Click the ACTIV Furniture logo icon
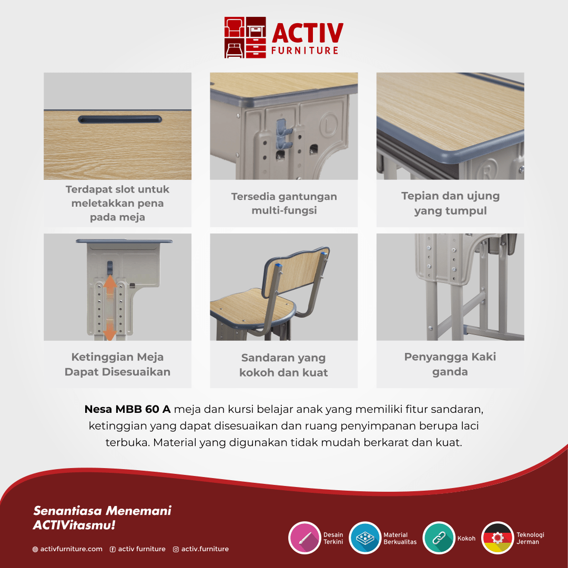(x=245, y=37)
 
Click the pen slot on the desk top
(x=120, y=119)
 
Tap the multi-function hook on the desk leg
(x=283, y=135)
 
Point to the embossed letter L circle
(x=329, y=125)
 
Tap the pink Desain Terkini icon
(x=305, y=537)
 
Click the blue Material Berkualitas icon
(x=365, y=537)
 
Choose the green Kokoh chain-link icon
(x=439, y=537)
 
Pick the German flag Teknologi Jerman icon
(x=498, y=537)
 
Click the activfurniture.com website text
(x=72, y=549)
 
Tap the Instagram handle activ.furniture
(x=205, y=549)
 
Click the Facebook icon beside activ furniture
(x=113, y=549)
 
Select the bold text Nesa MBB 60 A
(x=127, y=409)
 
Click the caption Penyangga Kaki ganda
(x=450, y=364)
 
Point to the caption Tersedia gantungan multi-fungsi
(x=284, y=203)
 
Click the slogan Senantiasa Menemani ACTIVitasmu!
(x=102, y=518)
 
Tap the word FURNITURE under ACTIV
(x=305, y=50)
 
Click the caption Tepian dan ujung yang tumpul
(x=450, y=203)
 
